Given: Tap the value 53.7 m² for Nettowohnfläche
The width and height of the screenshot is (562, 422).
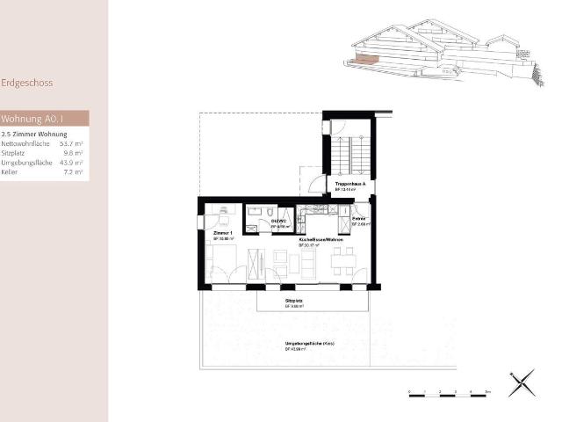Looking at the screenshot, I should point(71,142).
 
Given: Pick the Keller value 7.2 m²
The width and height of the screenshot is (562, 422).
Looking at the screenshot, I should point(74,172).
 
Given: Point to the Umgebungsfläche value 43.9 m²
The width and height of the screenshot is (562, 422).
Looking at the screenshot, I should point(71,163).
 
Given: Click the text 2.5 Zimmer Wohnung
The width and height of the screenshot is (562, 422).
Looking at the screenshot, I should point(34,133).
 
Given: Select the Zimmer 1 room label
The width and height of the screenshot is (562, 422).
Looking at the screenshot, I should point(222,234).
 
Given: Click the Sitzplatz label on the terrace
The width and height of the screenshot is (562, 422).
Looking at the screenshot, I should point(293,301).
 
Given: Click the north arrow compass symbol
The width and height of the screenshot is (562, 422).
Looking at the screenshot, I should point(520,382).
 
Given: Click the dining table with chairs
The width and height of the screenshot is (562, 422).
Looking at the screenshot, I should point(342,260).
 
